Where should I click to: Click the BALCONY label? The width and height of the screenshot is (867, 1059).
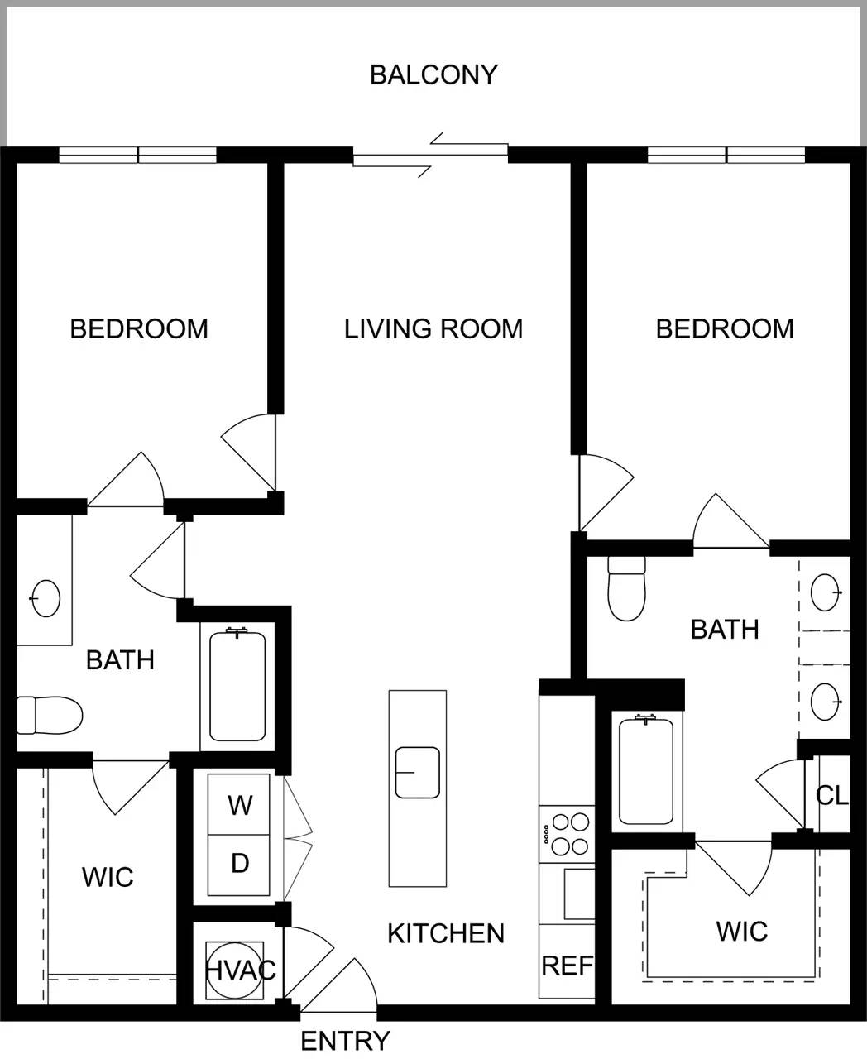tap(433, 74)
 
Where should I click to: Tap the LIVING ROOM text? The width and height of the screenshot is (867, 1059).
tap(433, 328)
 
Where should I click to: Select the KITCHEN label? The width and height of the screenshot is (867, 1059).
tap(446, 933)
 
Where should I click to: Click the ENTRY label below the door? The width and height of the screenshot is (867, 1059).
tap(344, 1041)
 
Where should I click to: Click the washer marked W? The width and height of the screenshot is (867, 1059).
tap(239, 804)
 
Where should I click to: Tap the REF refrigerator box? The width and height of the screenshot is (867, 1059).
tap(567, 965)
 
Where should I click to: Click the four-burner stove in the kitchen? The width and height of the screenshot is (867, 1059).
tap(567, 834)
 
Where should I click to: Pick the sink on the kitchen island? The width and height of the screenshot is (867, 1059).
tap(417, 772)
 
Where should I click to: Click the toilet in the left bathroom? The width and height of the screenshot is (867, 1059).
tap(50, 715)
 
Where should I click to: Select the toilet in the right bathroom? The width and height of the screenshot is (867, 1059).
tap(626, 587)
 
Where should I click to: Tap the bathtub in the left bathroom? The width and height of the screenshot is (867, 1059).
tap(237, 686)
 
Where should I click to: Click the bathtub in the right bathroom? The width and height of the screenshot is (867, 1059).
tap(646, 771)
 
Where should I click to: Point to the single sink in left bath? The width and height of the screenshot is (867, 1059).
tap(46, 597)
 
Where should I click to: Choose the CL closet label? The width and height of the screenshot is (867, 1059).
tap(831, 795)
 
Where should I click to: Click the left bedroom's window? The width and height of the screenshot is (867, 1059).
tap(137, 155)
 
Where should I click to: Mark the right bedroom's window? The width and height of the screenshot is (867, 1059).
tap(726, 155)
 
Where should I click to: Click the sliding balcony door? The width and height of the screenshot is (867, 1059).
tap(430, 155)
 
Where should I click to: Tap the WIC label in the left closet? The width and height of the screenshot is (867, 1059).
tap(108, 877)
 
